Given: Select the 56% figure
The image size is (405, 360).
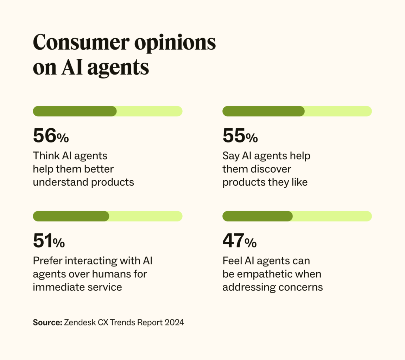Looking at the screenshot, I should [51, 136].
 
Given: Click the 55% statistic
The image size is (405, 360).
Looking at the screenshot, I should [240, 136].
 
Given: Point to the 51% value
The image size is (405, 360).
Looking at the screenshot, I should [49, 241].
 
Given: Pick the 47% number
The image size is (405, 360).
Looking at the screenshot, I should [239, 241].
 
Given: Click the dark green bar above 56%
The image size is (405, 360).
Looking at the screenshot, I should [75, 111].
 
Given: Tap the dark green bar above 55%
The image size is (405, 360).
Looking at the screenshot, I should [263, 111].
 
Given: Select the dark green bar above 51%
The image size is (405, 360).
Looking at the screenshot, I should [71, 216].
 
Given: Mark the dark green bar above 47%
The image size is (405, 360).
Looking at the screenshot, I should [257, 216].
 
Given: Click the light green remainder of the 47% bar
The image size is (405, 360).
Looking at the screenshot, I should [332, 216].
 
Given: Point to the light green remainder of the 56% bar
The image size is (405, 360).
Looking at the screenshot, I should [149, 111].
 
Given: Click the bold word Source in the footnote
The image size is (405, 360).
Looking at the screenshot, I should [47, 322].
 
